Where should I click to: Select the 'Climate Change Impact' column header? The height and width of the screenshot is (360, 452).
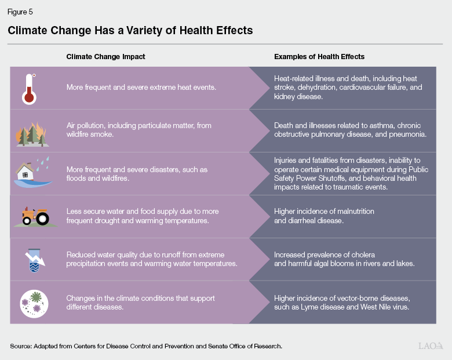(105, 57)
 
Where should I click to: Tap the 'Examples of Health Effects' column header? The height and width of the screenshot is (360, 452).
(319, 57)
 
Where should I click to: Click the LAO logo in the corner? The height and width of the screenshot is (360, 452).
(431, 346)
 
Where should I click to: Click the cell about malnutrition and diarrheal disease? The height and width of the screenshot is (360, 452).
(324, 216)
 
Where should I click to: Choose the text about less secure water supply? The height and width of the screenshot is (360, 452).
(143, 216)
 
